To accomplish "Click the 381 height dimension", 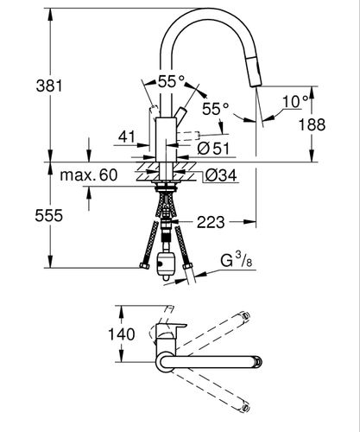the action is (x=49, y=86).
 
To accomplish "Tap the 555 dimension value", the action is (x=49, y=215).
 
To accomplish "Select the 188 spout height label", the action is (x=312, y=124).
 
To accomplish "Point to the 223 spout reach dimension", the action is (x=211, y=222).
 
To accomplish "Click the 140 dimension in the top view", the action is (x=122, y=334).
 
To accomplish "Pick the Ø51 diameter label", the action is (x=213, y=149).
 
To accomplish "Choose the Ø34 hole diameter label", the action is (x=222, y=175).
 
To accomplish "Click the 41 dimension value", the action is (x=127, y=137).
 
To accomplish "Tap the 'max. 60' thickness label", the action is (x=89, y=175).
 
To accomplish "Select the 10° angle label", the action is (x=294, y=101).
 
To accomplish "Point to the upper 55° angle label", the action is (x=171, y=81).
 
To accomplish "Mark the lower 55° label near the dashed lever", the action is (x=215, y=109).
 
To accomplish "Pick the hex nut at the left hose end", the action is (x=144, y=266).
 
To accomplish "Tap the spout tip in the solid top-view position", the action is (x=258, y=362).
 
